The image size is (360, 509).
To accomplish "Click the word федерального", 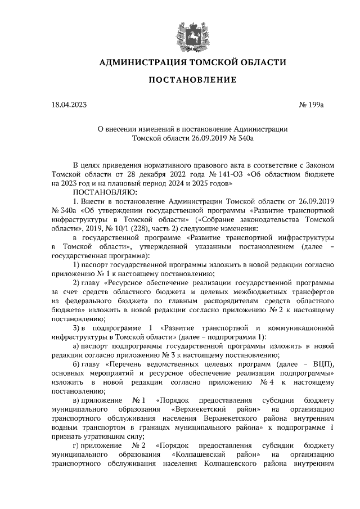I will point(85,302).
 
